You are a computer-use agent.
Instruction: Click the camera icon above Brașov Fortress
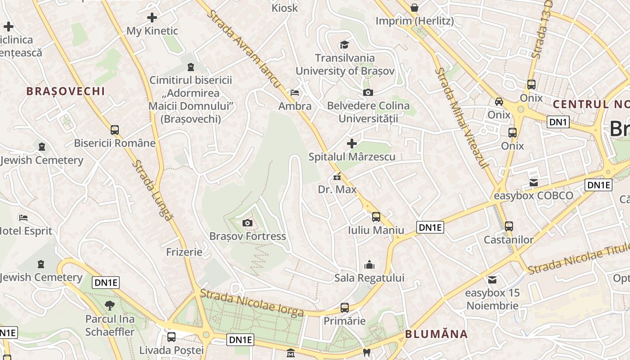pos(247,223)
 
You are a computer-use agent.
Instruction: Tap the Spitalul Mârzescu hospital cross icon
pos(352,144)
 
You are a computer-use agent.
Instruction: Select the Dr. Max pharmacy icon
pos(336,177)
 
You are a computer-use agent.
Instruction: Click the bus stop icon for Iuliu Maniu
pos(376,217)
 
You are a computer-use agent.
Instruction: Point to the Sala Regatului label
pos(369,278)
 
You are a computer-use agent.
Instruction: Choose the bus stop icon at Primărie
pos(345,308)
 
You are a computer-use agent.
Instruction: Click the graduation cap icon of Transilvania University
pos(344,45)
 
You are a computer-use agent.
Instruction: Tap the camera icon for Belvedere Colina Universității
pos(368,93)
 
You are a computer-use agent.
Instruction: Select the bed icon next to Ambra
pos(295,93)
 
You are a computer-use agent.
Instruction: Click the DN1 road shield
pos(558,121)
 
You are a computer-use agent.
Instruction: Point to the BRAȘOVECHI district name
pos(66,91)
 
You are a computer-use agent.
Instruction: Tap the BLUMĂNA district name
pos(436,334)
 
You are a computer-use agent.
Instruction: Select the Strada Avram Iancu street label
pos(243,49)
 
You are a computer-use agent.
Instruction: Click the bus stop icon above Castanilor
pos(509,226)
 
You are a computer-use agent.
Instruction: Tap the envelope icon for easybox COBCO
pos(534,183)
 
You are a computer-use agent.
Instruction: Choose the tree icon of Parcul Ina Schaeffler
pos(109,306)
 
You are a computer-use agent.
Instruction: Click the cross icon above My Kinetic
pos(152,18)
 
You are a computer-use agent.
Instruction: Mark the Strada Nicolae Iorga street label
pos(252,302)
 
